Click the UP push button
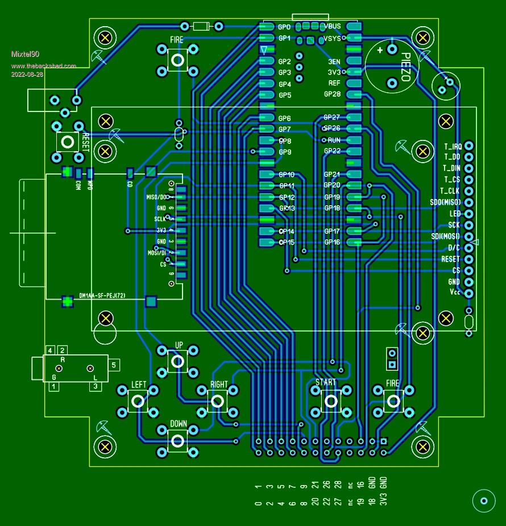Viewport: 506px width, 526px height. (x=178, y=360)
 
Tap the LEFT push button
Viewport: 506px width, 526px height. (x=138, y=401)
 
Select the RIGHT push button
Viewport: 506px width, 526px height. (x=218, y=401)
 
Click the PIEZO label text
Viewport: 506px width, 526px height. (x=405, y=68)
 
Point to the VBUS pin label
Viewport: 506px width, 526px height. (x=332, y=27)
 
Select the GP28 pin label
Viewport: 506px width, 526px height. (x=332, y=94)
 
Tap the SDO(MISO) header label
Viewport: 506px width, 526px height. (x=445, y=202)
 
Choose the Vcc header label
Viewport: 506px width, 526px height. (x=454, y=292)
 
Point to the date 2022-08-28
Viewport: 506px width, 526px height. (x=27, y=74)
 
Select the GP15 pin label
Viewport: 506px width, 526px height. (x=286, y=243)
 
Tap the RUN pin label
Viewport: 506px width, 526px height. (x=334, y=140)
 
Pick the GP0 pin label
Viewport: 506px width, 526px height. (x=284, y=27)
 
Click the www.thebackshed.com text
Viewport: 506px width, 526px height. (x=43, y=66)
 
